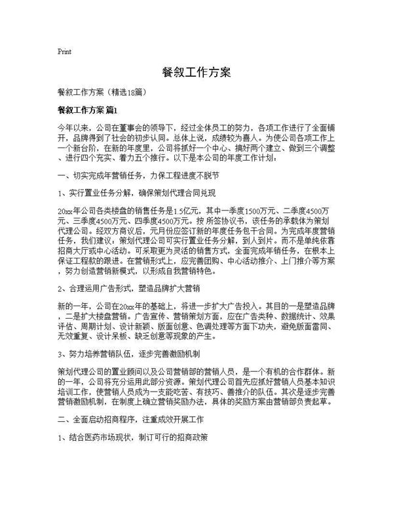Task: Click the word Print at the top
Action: coord(65,51)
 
